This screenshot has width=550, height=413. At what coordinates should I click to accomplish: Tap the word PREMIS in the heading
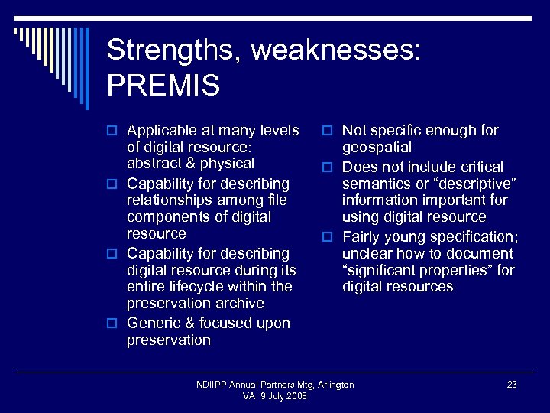pyautogui.click(x=163, y=86)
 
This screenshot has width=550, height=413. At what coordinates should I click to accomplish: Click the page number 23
pyautogui.click(x=512, y=385)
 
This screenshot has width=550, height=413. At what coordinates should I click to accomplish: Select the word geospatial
pyautogui.click(x=377, y=148)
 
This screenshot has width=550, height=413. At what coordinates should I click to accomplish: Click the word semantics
pyautogui.click(x=377, y=184)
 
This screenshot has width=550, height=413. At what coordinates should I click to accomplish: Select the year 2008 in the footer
pyautogui.click(x=296, y=396)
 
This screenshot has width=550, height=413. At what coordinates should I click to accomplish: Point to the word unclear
pyautogui.click(x=367, y=253)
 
